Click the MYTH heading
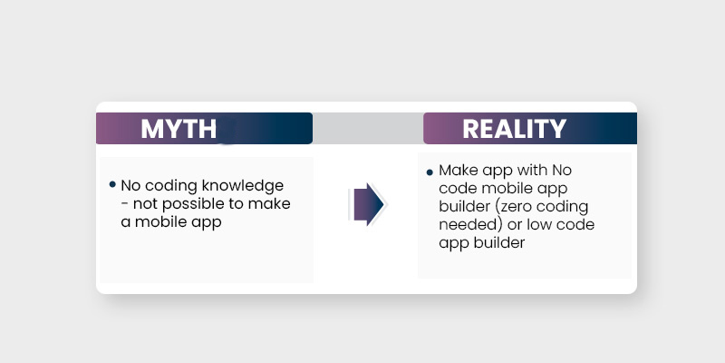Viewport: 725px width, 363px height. tap(179, 129)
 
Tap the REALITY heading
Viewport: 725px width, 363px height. tap(514, 129)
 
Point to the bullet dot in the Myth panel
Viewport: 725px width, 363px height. tap(112, 184)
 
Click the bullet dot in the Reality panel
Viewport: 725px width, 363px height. tap(429, 172)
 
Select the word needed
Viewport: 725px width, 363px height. tap(463, 224)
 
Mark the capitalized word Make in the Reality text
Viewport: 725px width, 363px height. tap(456, 171)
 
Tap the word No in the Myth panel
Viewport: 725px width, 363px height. tap(131, 187)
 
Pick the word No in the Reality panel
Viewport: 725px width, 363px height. tap(562, 171)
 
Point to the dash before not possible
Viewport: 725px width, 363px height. tap(125, 205)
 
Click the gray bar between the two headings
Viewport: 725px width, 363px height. tap(367, 129)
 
